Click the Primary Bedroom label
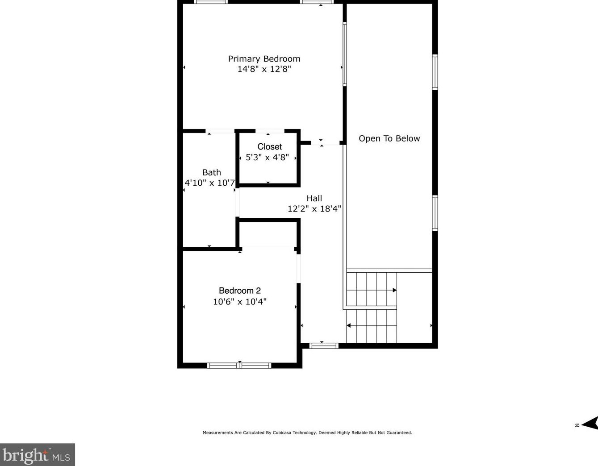pos(264,58)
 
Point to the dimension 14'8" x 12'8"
pos(264,69)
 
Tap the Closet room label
pos(269,147)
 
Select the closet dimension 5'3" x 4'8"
pos(267,158)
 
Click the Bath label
pos(211,172)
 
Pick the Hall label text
pos(314,198)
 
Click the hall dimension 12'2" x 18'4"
pos(314,209)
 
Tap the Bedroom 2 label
pos(239,291)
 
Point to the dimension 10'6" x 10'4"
pos(239,302)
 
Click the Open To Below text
pos(389,139)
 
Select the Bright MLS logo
pos(37,455)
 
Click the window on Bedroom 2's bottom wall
pos(239,366)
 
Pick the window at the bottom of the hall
pos(324,345)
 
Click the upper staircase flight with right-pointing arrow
pos(371,290)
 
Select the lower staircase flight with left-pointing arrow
pos(371,326)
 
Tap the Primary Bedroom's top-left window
pos(211,2)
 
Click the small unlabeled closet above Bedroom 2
pos(268,234)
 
